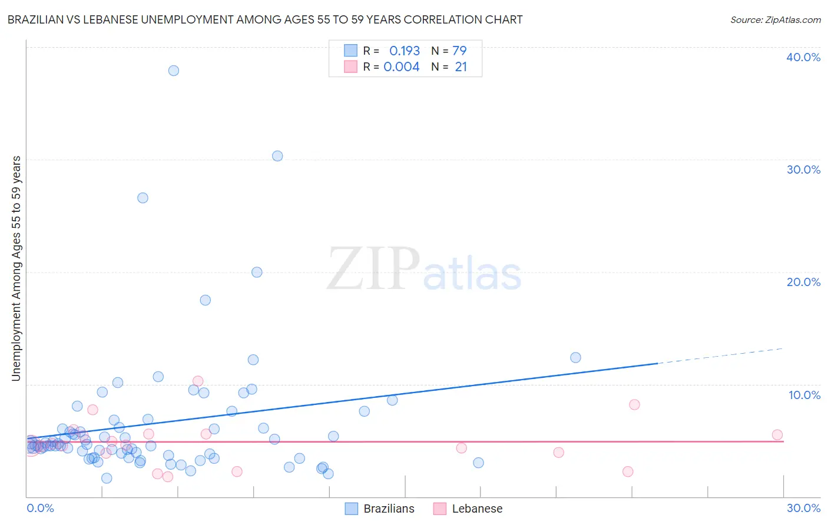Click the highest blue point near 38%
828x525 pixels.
[x=174, y=71]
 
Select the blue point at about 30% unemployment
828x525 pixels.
[x=277, y=156]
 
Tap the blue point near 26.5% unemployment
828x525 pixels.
[x=143, y=198]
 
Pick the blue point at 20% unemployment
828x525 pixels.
[x=257, y=272]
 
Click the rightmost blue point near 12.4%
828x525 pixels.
[x=575, y=357]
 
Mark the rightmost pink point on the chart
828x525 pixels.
[x=777, y=435]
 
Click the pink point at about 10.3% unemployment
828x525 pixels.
[x=198, y=381]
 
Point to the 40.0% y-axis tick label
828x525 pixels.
[x=803, y=57]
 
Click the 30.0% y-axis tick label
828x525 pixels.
[x=803, y=170]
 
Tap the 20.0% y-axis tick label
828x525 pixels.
[x=803, y=282]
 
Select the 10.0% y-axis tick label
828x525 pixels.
[x=804, y=395]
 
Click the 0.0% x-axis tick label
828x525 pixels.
[x=40, y=508]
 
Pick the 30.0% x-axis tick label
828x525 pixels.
[x=803, y=508]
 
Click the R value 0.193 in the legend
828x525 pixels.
[x=405, y=51]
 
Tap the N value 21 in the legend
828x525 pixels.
[x=461, y=67]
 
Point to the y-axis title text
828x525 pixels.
[x=16, y=268]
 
